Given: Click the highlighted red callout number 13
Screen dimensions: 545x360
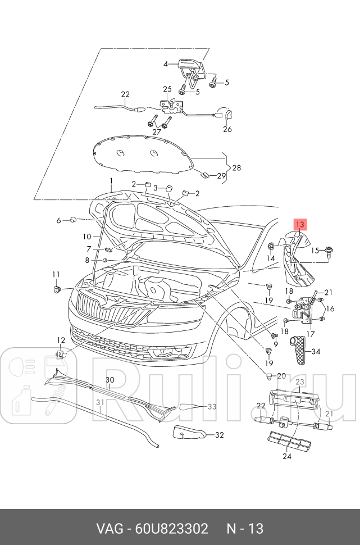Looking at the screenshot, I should coord(299,225).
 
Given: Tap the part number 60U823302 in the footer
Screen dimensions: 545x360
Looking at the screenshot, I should coord(171,529).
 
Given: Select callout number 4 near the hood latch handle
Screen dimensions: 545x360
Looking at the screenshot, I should coord(166,64).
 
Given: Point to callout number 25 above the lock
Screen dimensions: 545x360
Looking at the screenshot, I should coord(167,89).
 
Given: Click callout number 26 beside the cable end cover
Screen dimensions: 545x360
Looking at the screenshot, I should coord(227,129).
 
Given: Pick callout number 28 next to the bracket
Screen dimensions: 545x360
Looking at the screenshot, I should coord(236,168).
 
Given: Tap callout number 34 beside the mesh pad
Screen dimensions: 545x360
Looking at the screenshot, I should coord(316,352).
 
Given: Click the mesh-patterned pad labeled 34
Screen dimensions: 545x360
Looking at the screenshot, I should coord(297,349).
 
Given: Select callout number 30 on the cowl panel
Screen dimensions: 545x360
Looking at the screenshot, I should coord(111,380).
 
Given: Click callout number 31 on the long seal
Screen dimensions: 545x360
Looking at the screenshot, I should coord(100,402).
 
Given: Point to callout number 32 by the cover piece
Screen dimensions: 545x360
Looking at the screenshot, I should coord(219,434).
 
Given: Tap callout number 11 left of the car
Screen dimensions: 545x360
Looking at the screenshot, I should coord(56,274).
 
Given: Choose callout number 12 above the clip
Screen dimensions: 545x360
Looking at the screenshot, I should coord(61,340).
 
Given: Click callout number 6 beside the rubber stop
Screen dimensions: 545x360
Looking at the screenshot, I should coord(58,221).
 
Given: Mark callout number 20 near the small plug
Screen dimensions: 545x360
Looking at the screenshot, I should coord(281,375).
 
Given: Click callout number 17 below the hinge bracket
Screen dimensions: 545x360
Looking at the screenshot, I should coord(310,333).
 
